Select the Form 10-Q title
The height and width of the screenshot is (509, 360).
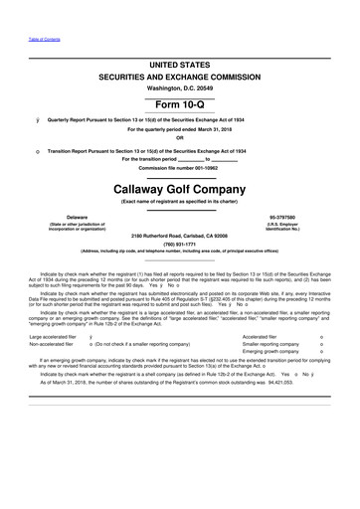point(180,105)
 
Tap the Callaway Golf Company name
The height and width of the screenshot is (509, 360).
point(180,186)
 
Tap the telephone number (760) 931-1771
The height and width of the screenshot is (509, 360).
point(181,244)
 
